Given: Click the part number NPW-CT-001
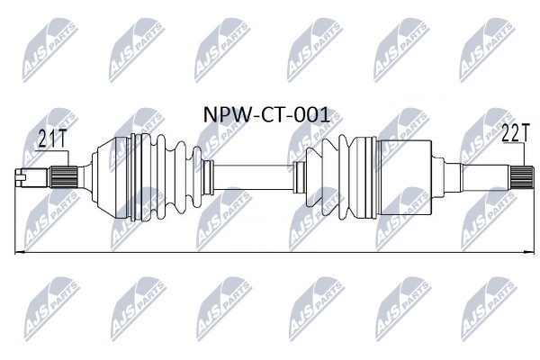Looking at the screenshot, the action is tap(266, 115).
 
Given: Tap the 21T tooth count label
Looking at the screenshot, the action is tap(52, 139).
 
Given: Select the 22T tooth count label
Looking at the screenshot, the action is tap(515, 132).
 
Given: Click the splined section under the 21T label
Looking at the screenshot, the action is tap(64, 177).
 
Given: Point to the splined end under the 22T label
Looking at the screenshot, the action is tap(522, 177).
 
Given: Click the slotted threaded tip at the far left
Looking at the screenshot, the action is tap(31, 177).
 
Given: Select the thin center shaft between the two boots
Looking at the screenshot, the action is tap(253, 177).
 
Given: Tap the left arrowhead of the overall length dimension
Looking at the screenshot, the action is tap(20, 253).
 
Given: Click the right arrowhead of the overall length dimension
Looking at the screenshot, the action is tap(529, 253).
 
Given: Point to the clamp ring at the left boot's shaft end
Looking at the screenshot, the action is tap(207, 177).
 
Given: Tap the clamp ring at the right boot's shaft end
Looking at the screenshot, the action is tap(299, 177).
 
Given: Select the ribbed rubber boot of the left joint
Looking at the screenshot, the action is tap(166, 177).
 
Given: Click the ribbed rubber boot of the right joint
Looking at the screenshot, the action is tap(340, 177).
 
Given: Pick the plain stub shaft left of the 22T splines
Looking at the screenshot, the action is tap(486, 177).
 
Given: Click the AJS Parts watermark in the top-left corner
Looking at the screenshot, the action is tap(50, 50).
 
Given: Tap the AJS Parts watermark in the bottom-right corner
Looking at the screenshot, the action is tap(489, 309).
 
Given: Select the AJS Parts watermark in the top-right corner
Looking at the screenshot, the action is tap(487, 50).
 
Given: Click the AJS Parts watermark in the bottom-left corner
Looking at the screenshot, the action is tap(52, 309).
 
